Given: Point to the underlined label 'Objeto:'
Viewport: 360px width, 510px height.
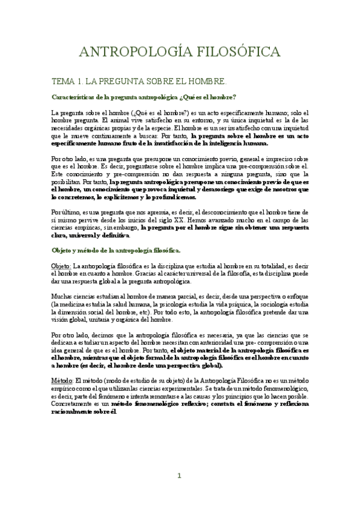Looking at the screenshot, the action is (x=61, y=266).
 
